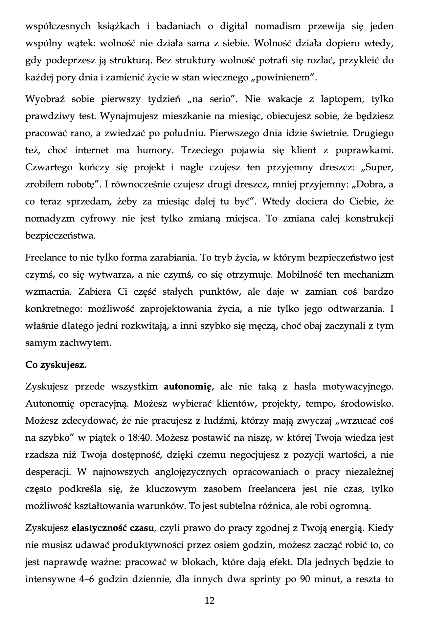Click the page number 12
click(210, 601)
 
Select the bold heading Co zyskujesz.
click(56, 365)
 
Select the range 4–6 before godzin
click(87, 580)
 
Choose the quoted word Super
click(378, 167)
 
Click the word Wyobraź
click(44, 99)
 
